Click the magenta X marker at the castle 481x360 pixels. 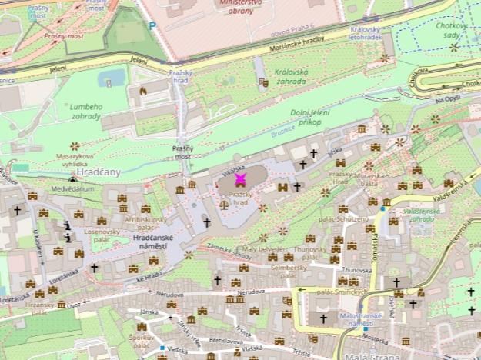pyautogui.click(x=240, y=179)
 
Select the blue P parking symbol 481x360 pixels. pyautogui.click(x=152, y=26)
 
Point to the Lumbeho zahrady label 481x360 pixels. pyautogui.click(x=85, y=112)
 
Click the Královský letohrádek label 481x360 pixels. pyautogui.click(x=365, y=32)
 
